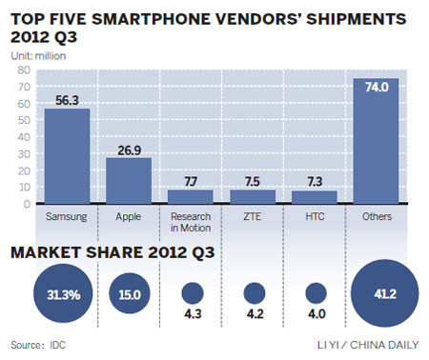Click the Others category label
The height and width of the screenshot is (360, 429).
377,216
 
